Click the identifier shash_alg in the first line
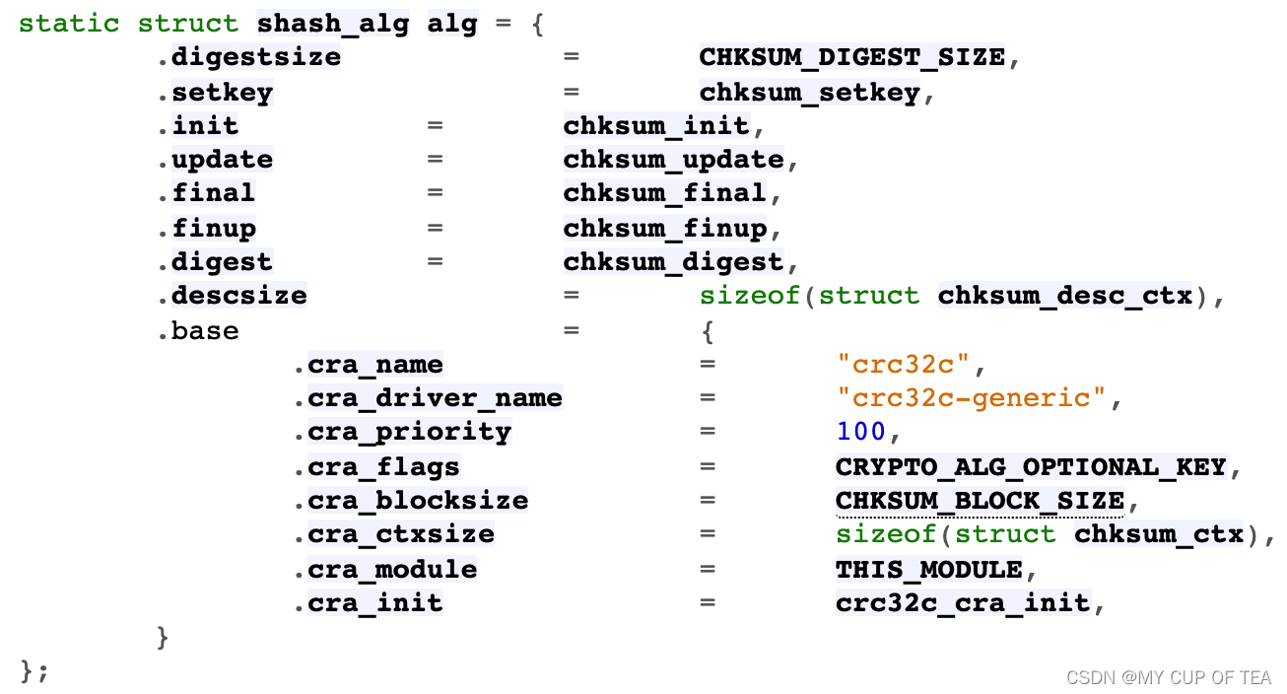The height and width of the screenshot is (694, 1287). click(332, 24)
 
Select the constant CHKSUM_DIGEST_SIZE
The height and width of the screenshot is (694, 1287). click(851, 57)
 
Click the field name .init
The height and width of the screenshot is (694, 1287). click(197, 126)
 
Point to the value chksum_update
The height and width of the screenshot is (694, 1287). click(673, 160)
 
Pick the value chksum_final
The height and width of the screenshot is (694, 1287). click(664, 193)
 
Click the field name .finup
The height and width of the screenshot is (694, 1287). click(206, 228)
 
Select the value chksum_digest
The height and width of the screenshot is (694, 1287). click(673, 262)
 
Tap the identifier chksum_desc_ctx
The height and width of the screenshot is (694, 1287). click(1064, 296)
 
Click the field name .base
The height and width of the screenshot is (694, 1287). click(197, 330)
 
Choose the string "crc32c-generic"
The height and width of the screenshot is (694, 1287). click(971, 398)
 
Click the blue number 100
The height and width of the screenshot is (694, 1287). click(860, 432)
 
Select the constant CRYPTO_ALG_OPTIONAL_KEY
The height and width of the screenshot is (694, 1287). click(1031, 466)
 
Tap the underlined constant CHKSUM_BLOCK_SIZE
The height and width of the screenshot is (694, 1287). click(980, 501)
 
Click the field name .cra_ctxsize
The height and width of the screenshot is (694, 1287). click(393, 534)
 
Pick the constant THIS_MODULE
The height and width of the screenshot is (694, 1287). click(928, 569)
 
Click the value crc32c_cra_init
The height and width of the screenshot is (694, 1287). click(963, 602)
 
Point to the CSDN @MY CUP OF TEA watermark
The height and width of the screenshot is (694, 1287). click(1169, 677)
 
